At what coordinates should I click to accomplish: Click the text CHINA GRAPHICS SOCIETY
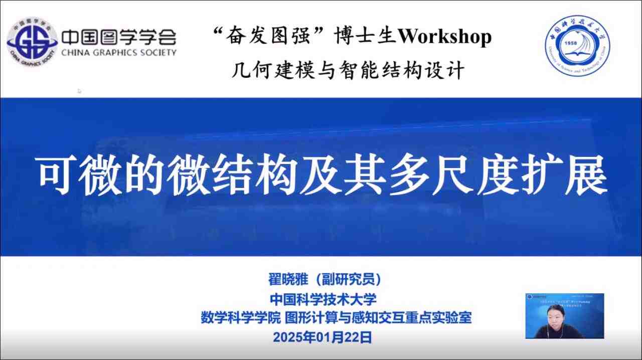tap(118, 52)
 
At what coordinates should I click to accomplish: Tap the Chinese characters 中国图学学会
tap(118, 37)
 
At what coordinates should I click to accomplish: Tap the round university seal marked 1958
tap(577, 46)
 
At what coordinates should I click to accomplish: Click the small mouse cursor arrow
tap(79, 91)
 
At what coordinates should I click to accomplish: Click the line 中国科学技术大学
tap(323, 299)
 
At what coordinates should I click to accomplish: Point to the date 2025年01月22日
tap(323, 337)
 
